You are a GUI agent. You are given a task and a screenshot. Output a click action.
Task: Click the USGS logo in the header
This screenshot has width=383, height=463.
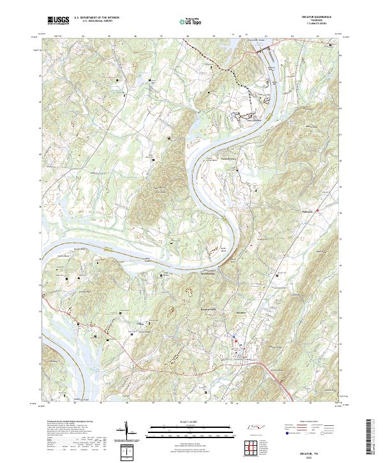point(57,21)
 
